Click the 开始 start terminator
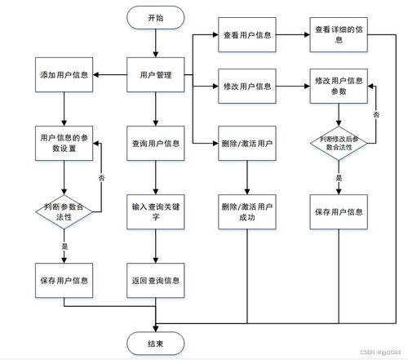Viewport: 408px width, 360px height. [155, 18]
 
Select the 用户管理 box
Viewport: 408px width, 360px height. [155, 76]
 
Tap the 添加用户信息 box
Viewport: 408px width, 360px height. [64, 76]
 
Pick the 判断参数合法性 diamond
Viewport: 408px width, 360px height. [64, 212]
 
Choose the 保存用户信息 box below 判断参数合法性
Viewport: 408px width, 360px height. [64, 280]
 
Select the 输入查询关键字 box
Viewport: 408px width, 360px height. [155, 212]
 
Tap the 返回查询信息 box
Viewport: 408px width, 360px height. [155, 280]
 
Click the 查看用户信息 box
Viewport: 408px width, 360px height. [246, 36]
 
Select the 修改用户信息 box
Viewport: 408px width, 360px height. [246, 86]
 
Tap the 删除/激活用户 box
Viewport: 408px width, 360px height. [246, 143]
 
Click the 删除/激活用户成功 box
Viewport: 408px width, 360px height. [246, 212]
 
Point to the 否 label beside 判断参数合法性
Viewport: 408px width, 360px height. [101, 177]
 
